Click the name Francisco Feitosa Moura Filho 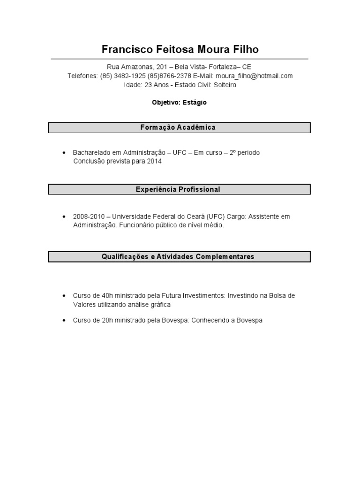click(x=180, y=49)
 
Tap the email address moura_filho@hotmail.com click(x=254, y=76)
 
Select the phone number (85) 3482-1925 click(x=123, y=76)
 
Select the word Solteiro click(x=225, y=85)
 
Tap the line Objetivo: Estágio click(x=179, y=102)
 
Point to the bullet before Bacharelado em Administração click(x=63, y=153)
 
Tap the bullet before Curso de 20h click(x=63, y=321)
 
